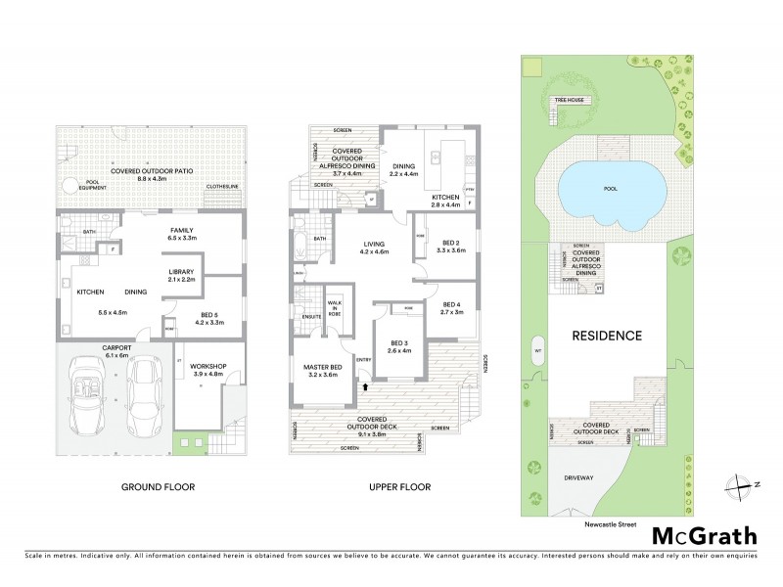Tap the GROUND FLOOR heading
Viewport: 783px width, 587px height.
pyautogui.click(x=158, y=486)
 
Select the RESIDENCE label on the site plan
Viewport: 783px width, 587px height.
pyautogui.click(x=608, y=336)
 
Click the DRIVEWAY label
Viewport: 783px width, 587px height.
pyautogui.click(x=579, y=478)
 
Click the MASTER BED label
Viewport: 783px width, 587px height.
pyautogui.click(x=316, y=369)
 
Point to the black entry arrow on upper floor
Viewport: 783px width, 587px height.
pyautogui.click(x=366, y=388)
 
